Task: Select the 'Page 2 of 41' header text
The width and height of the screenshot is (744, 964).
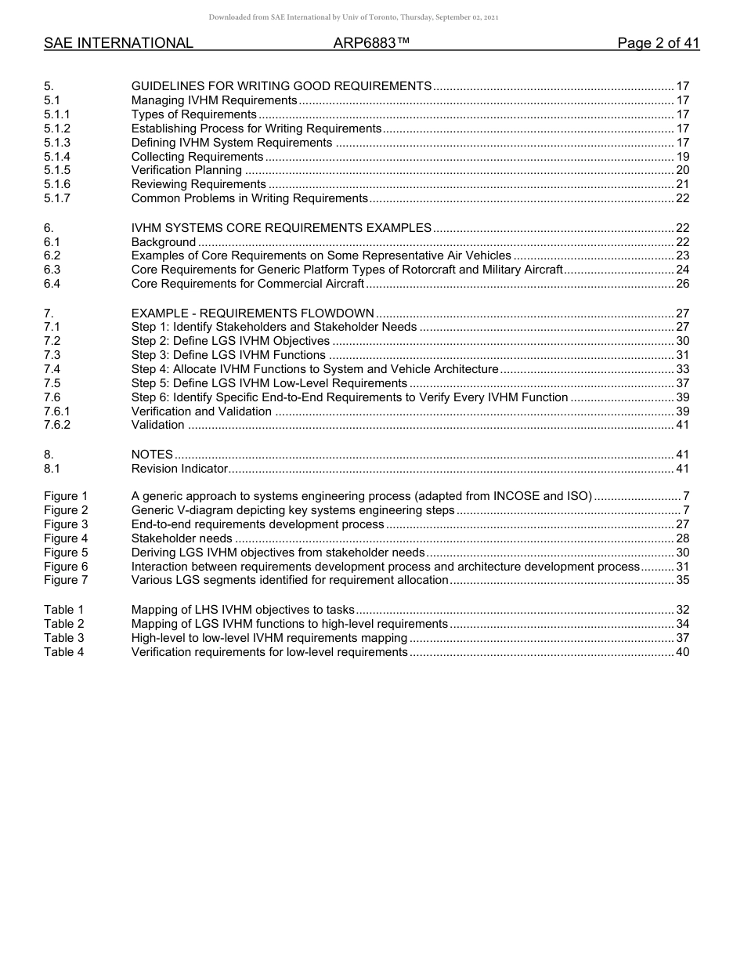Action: click(658, 44)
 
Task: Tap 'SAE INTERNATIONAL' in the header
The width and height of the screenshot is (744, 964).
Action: click(118, 44)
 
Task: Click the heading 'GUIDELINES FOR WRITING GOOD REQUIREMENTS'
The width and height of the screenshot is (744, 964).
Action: click(281, 86)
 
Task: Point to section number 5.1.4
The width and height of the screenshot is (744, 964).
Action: click(57, 157)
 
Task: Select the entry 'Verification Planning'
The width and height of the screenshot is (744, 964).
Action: click(186, 171)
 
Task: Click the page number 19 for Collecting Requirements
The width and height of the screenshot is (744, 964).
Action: click(682, 157)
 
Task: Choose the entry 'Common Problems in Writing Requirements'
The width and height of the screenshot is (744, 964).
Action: click(249, 199)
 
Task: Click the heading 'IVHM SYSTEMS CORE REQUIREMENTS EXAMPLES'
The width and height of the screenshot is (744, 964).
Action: click(281, 228)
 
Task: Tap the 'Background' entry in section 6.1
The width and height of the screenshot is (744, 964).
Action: click(163, 242)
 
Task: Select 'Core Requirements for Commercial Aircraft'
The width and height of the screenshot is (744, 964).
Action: click(247, 284)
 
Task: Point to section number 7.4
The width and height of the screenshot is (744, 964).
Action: click(52, 369)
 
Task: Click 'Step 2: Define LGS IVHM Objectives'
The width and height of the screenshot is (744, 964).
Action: click(230, 341)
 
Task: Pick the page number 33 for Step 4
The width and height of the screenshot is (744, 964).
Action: click(682, 369)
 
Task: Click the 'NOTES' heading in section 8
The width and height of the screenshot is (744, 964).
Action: click(152, 455)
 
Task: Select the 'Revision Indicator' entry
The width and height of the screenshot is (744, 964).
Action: click(179, 469)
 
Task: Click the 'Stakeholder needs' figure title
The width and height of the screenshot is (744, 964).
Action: click(182, 538)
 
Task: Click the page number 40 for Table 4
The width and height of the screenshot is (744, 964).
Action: click(682, 652)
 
